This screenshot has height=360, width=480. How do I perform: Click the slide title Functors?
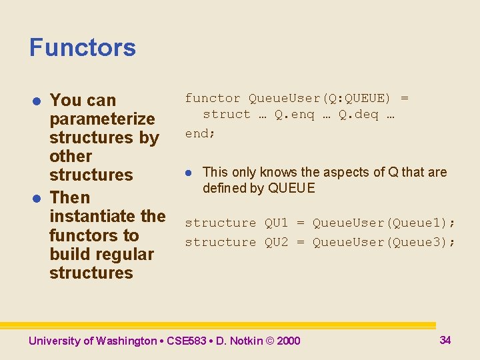(82, 48)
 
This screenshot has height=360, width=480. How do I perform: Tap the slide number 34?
(445, 340)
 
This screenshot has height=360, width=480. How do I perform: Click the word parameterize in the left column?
(102, 119)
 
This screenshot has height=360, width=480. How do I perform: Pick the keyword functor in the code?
(213, 99)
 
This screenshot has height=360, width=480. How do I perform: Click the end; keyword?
(200, 133)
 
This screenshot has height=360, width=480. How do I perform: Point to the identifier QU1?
(276, 223)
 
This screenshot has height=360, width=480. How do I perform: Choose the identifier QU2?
(276, 242)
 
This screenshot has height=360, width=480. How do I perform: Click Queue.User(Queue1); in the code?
(384, 223)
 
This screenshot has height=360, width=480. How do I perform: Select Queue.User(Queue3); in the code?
(384, 242)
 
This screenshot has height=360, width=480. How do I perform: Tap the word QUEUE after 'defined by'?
(291, 188)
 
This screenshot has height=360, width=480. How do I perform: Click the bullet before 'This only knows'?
(189, 173)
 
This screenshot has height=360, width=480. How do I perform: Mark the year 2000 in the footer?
(288, 341)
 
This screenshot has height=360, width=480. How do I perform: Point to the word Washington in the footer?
(126, 341)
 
